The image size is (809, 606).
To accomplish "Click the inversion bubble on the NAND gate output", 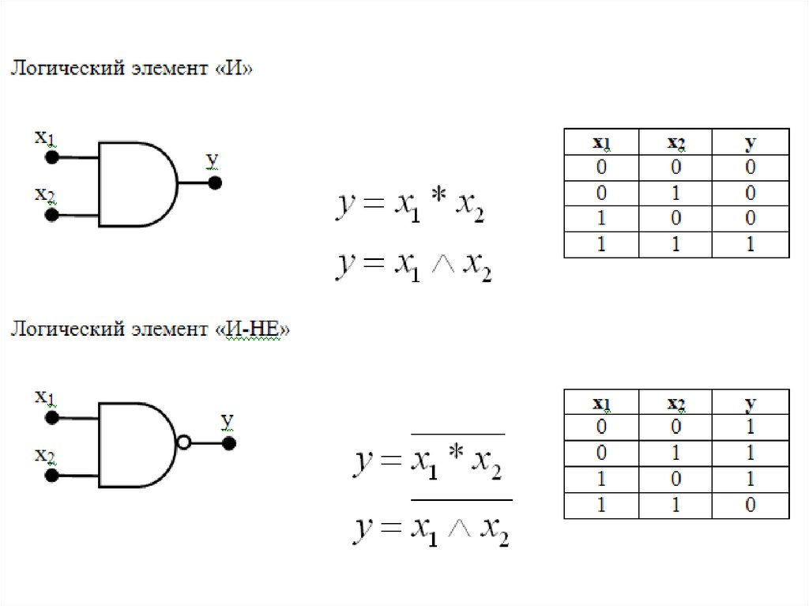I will tap(184, 443).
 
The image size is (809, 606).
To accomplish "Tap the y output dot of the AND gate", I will tap(214, 183).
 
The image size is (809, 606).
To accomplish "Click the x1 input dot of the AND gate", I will tap(51, 157).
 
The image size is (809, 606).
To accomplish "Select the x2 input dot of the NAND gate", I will tap(51, 475).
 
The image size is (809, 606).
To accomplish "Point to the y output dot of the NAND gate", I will tap(229, 443).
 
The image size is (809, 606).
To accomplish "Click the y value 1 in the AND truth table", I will tap(750, 245).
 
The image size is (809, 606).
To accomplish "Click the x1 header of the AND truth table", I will tap(601, 143).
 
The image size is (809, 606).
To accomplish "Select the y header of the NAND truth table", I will tap(750, 404).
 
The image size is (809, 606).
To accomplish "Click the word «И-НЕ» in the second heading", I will tap(252, 329).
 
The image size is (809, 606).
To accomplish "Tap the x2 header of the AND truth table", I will tap(675, 143).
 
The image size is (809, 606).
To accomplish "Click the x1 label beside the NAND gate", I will tap(45, 397).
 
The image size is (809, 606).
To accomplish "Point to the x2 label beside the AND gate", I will tap(45, 194).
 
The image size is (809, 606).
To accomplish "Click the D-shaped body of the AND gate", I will tap(134, 184).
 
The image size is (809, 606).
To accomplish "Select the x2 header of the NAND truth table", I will tap(675, 404).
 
